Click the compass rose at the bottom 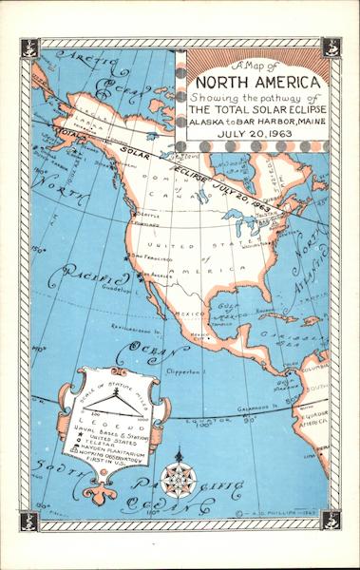176,479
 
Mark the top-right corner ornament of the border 331,47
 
